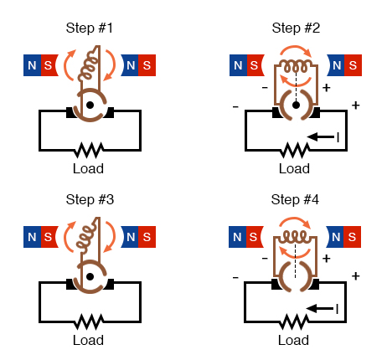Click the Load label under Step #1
tap(88, 168)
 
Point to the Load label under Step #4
tap(293, 341)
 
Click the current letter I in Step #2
tap(338, 137)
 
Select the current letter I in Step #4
tap(338, 310)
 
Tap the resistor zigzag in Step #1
tap(88, 150)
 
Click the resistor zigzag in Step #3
tap(88, 322)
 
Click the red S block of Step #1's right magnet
tap(147, 64)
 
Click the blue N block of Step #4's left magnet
tap(238, 237)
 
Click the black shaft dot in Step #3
tap(89, 278)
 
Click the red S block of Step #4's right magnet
tap(353, 237)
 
